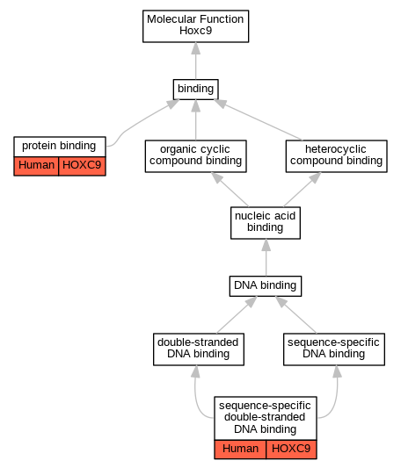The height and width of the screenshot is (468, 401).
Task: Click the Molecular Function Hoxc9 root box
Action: (x=195, y=26)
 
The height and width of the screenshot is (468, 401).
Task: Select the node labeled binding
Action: (x=196, y=90)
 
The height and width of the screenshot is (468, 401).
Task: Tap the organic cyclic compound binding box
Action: (x=196, y=156)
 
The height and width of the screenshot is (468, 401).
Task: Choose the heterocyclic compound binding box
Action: (x=337, y=156)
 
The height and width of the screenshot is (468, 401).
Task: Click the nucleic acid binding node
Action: (x=266, y=223)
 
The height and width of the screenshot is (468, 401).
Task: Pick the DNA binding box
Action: (x=266, y=286)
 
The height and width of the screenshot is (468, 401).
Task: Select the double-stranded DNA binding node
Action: (x=199, y=349)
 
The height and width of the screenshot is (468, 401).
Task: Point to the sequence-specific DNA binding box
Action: (x=334, y=349)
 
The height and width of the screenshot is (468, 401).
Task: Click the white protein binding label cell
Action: (x=60, y=147)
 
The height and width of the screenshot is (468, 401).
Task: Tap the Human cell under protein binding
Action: (x=36, y=166)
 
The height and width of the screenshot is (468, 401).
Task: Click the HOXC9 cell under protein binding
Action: (x=83, y=166)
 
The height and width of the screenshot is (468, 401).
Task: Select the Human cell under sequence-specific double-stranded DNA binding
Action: (x=240, y=450)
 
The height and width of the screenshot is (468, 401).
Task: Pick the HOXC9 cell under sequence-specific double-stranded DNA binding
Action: (x=291, y=450)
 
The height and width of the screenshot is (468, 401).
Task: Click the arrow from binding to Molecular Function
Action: (x=196, y=61)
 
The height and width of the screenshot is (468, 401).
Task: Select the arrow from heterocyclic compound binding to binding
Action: (x=259, y=119)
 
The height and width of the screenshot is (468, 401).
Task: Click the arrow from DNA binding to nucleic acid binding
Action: (x=266, y=257)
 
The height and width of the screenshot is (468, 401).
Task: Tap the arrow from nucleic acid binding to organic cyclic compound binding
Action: (x=230, y=190)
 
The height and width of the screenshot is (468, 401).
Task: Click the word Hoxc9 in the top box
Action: (x=196, y=31)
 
